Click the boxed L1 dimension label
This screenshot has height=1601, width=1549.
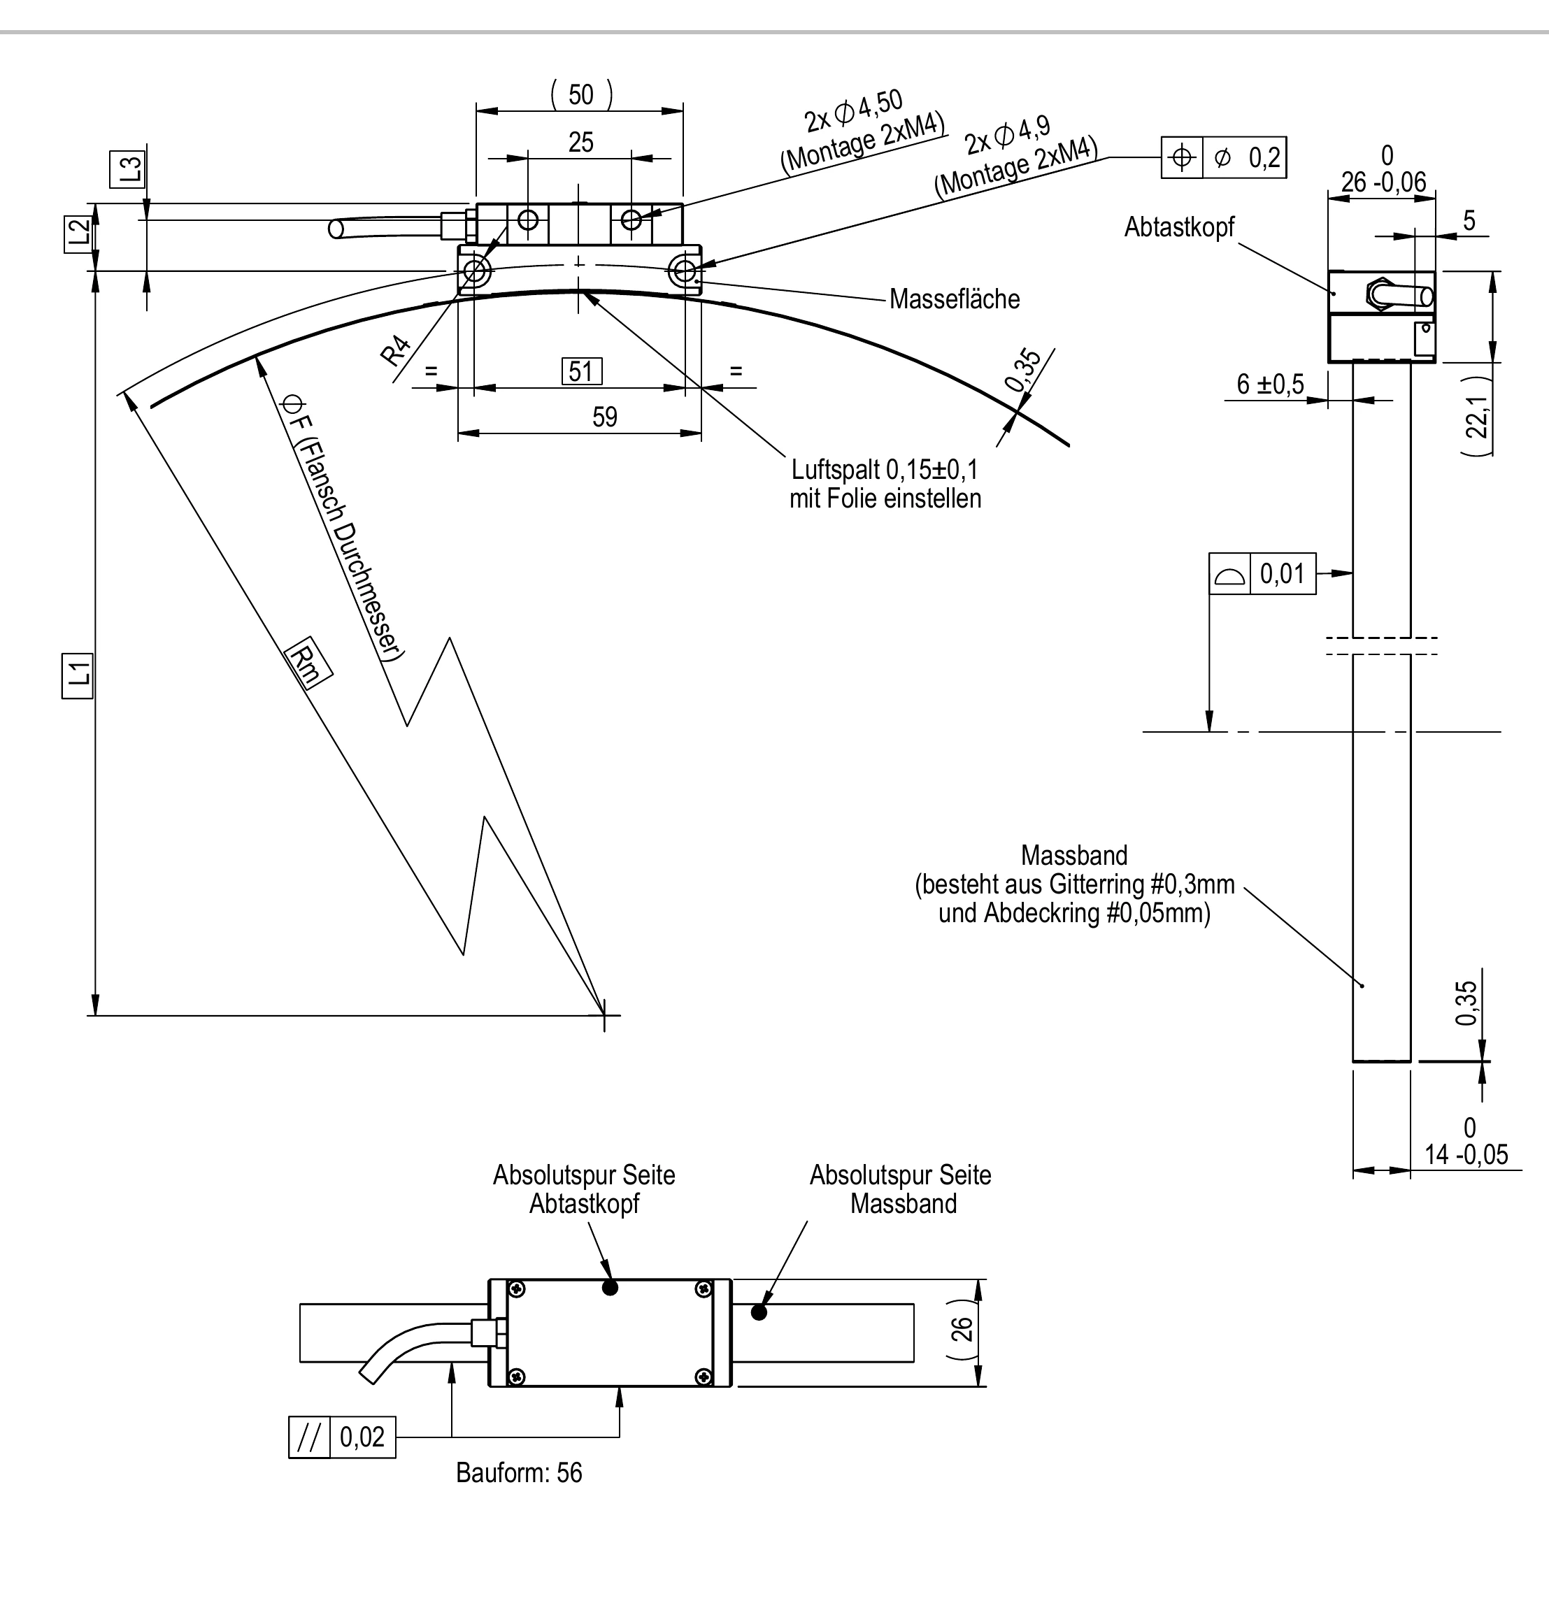pyautogui.click(x=78, y=675)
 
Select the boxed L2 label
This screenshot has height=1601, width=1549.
pyautogui.click(x=78, y=233)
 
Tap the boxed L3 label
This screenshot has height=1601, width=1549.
pyautogui.click(x=131, y=169)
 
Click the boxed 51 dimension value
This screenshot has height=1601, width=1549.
pyautogui.click(x=582, y=372)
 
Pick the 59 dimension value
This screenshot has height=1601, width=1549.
pyautogui.click(x=605, y=417)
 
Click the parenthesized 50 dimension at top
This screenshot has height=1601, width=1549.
pyautogui.click(x=581, y=95)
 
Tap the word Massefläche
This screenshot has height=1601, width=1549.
pyautogui.click(x=955, y=299)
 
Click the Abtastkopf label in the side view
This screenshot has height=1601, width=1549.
pyautogui.click(x=1179, y=227)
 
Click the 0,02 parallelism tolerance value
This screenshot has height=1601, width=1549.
pyautogui.click(x=362, y=1437)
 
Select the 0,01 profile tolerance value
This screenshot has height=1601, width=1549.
pyautogui.click(x=1282, y=573)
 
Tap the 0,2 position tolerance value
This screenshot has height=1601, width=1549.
pyautogui.click(x=1264, y=157)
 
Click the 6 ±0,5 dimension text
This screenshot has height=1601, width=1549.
pyautogui.click(x=1271, y=384)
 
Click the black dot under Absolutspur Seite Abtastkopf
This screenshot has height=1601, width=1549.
pyautogui.click(x=610, y=1287)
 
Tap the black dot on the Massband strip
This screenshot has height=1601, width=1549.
pyautogui.click(x=759, y=1313)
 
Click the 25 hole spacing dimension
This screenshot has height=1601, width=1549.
pyautogui.click(x=581, y=142)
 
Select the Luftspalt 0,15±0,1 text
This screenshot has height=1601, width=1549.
pyautogui.click(x=884, y=470)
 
